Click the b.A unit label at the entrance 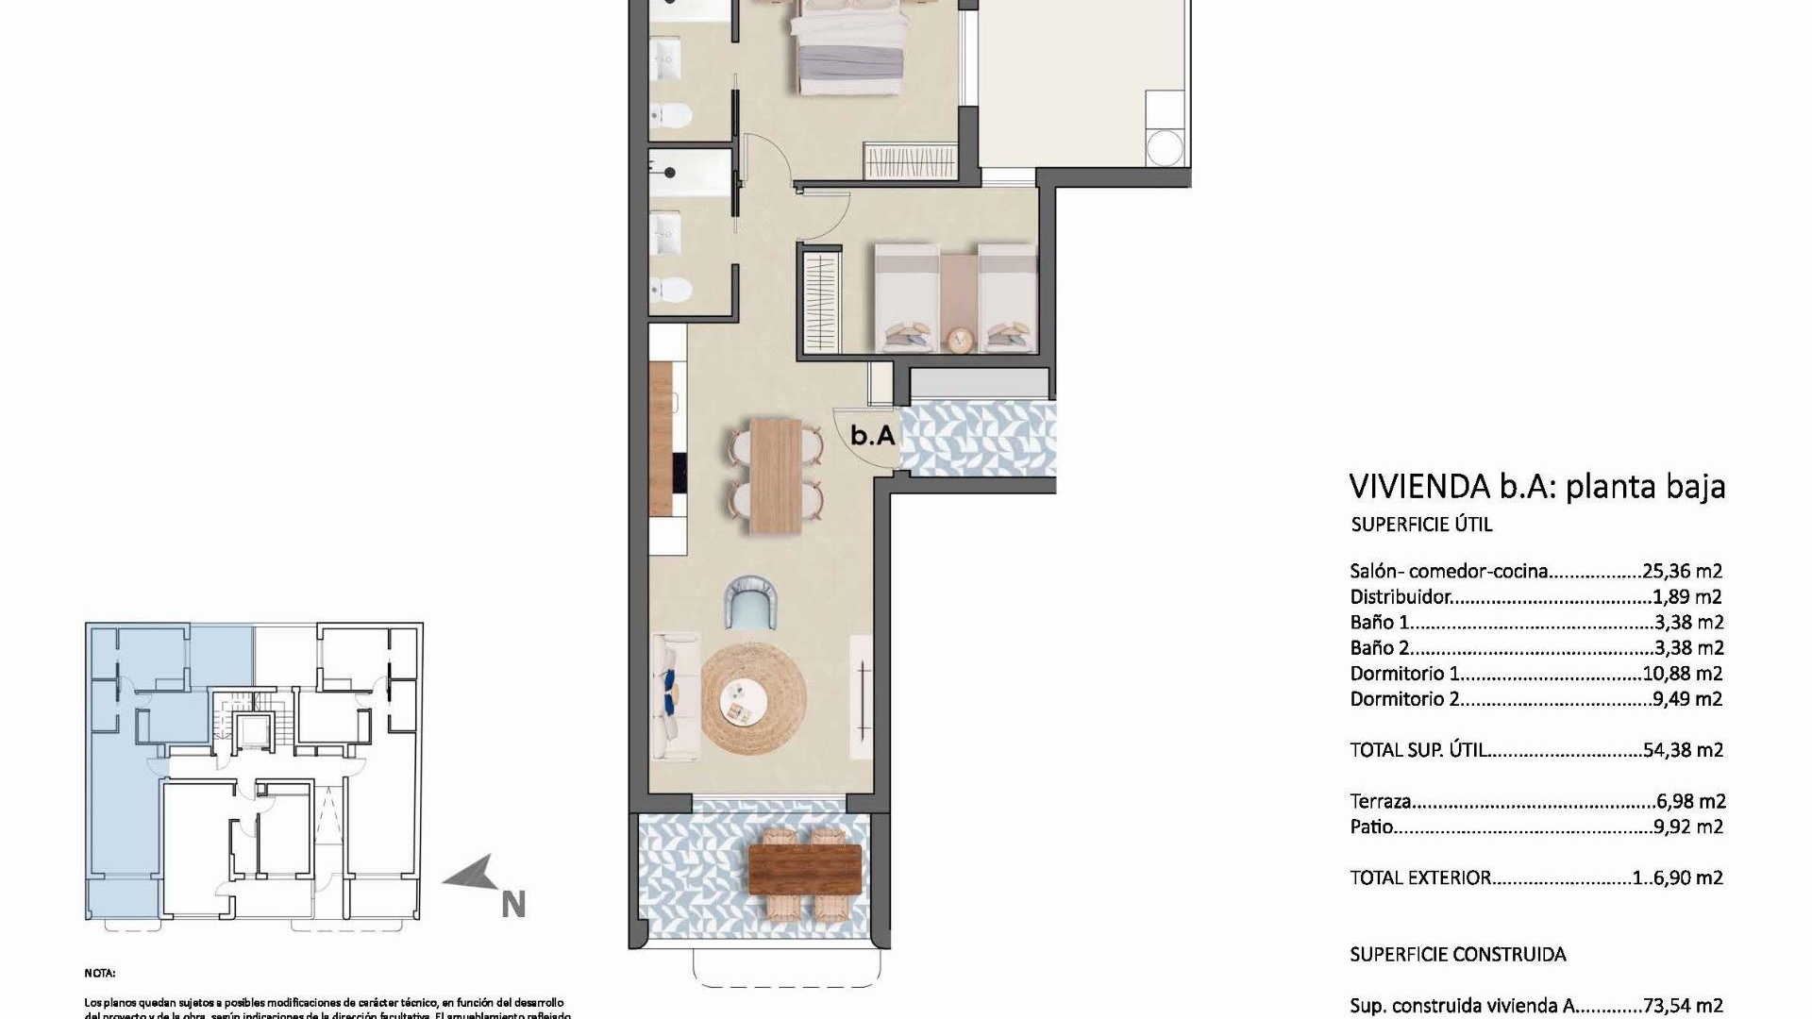[872, 436]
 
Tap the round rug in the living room [754, 697]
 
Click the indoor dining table [776, 476]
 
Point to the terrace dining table [804, 869]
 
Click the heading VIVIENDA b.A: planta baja [1536, 487]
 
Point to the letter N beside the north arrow [512, 905]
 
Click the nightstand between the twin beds [960, 339]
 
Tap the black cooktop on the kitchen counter [679, 481]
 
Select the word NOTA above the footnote [99, 973]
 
